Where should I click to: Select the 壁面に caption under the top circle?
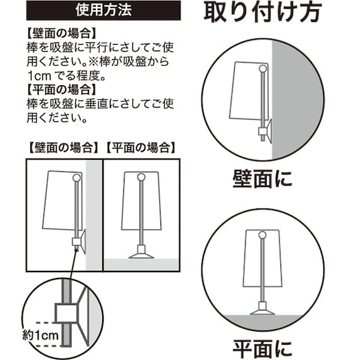pos(263,179)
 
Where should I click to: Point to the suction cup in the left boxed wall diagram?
pos(81,241)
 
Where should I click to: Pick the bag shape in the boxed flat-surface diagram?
pos(141,202)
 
